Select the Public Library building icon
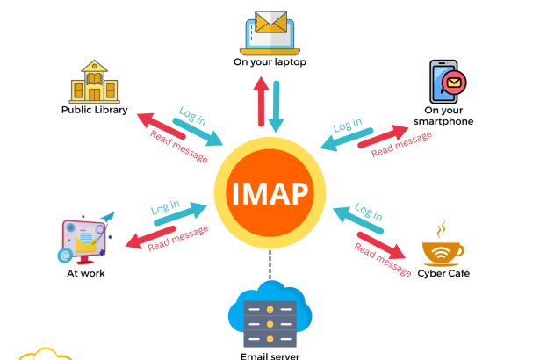[x=94, y=82]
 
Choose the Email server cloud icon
[x=270, y=316]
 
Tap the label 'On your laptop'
[x=270, y=63]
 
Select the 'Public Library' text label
[x=94, y=111]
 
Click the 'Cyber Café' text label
[x=445, y=274]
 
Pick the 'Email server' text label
[x=270, y=356]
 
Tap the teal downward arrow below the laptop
[x=279, y=104]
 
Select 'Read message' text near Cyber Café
[x=382, y=258]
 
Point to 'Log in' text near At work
[x=165, y=208]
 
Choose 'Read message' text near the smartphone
[x=400, y=143]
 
